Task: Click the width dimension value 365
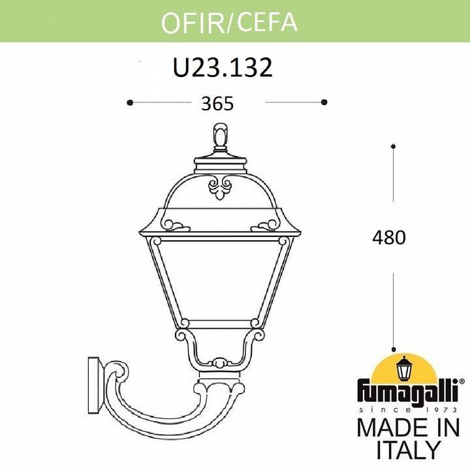coord(218,103)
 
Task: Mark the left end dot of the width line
coord(130,102)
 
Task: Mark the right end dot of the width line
coord(324,102)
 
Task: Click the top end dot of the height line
coord(393,145)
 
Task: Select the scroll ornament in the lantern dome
coord(219,189)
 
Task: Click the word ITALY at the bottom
coord(409,450)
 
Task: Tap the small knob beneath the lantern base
coord(220,362)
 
